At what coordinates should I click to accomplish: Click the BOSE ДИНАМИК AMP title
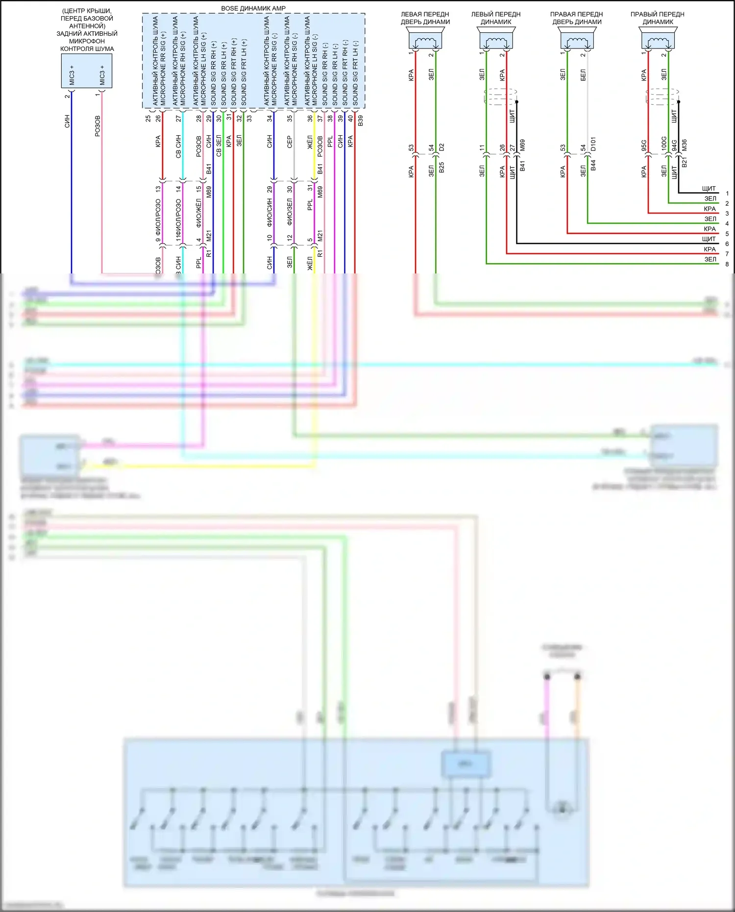point(253,8)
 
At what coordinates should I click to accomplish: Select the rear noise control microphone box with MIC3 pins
point(87,71)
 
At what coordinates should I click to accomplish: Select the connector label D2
point(441,147)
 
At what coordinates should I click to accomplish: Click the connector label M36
point(685,145)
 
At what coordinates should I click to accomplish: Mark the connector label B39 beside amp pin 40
point(361,121)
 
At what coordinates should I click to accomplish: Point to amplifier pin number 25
point(148,119)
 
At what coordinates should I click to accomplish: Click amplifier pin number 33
point(249,119)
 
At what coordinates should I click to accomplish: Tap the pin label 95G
point(644,145)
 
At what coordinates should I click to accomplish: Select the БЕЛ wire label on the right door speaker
point(583,75)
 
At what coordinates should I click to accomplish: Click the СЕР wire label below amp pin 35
point(290,142)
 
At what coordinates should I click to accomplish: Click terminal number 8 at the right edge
point(727,264)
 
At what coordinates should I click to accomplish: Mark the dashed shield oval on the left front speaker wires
point(500,97)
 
